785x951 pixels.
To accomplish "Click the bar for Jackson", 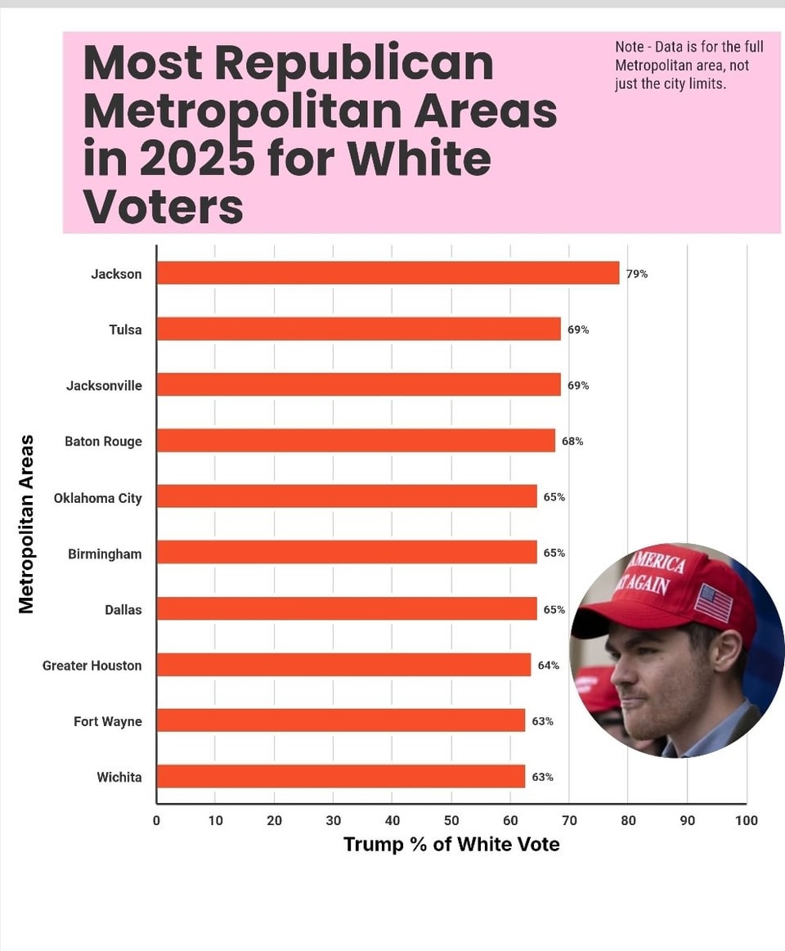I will click(x=388, y=273).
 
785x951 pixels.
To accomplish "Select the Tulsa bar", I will click(x=358, y=329).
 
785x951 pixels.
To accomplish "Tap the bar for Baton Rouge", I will click(x=356, y=441).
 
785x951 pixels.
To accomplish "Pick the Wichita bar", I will click(x=340, y=776).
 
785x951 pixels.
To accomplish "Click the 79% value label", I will click(x=637, y=274).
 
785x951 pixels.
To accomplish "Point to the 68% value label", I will click(x=572, y=442).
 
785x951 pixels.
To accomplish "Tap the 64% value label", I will click(x=549, y=666).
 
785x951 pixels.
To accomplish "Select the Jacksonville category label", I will click(x=104, y=385).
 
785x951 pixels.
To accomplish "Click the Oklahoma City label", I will click(x=97, y=498).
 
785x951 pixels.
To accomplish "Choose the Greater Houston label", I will click(x=92, y=666).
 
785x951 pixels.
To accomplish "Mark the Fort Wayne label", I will click(x=107, y=721).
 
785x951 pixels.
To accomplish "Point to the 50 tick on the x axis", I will click(x=451, y=821).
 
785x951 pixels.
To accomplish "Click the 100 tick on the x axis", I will click(x=746, y=821).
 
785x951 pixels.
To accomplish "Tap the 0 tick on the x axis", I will click(x=156, y=821).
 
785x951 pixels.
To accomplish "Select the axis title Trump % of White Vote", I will click(x=451, y=845).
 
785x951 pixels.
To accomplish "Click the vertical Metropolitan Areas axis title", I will click(x=26, y=524).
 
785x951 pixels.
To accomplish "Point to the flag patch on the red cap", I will click(x=713, y=603).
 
